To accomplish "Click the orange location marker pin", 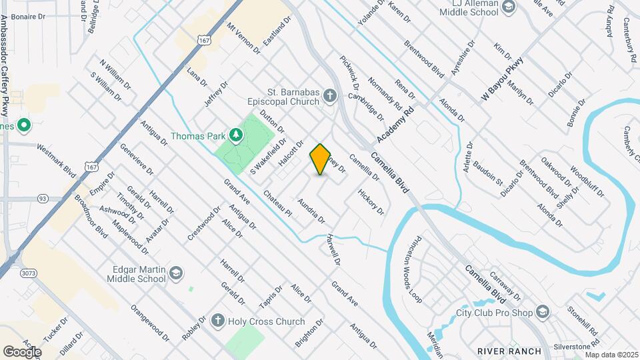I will pyautogui.click(x=321, y=159).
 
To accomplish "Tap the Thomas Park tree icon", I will pyautogui.click(x=235, y=136).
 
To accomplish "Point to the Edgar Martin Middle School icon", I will pyautogui.click(x=175, y=273).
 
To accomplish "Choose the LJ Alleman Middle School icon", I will pyautogui.click(x=509, y=7).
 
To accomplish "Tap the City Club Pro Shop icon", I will pyautogui.click(x=543, y=312).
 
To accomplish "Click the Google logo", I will pyautogui.click(x=22, y=351).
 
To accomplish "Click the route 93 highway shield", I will pyautogui.click(x=42, y=198).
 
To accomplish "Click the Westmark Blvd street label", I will pyautogui.click(x=56, y=158).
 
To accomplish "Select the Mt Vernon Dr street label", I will pyautogui.click(x=243, y=37).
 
